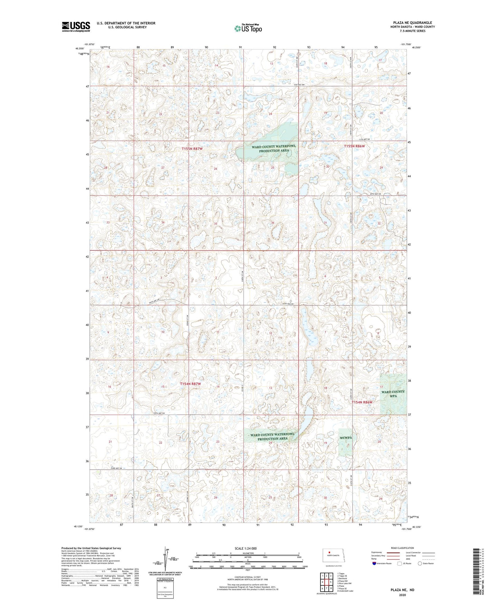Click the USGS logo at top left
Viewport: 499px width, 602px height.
coord(76,27)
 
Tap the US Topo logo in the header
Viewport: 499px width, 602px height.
coord(248,28)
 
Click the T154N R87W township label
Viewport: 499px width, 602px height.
coord(190,384)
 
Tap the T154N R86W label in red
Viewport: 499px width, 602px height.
coord(362,402)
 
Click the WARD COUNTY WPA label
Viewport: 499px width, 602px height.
coord(393,394)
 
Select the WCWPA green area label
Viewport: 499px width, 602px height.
coord(345,438)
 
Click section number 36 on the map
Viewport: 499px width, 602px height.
coord(272,223)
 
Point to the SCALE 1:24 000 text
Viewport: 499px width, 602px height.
coord(246,548)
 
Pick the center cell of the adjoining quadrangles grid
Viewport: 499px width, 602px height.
coord(327,582)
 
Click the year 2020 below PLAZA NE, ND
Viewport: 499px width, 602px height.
coord(402,595)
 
